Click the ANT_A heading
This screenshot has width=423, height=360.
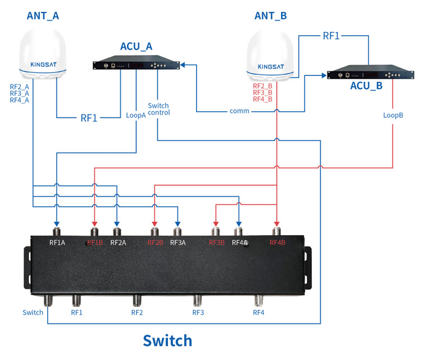(x=43, y=16)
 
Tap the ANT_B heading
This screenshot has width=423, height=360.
(x=271, y=16)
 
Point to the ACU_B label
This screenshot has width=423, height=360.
(x=366, y=86)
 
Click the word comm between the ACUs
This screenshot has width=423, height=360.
(x=239, y=111)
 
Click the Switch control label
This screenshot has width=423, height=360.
(x=158, y=109)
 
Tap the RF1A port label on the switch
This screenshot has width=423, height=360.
(x=57, y=243)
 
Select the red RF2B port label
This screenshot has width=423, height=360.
(x=155, y=243)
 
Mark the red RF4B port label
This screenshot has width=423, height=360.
(x=278, y=243)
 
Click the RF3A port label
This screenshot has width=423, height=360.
(x=178, y=243)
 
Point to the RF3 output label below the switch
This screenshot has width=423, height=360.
(x=198, y=312)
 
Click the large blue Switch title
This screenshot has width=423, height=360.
(x=167, y=340)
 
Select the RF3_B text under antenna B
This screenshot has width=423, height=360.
(x=262, y=92)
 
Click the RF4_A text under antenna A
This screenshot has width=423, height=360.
(x=20, y=100)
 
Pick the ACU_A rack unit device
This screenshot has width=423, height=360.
(x=138, y=65)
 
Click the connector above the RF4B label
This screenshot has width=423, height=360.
(x=276, y=231)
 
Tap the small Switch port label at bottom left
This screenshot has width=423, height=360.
(x=33, y=312)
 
